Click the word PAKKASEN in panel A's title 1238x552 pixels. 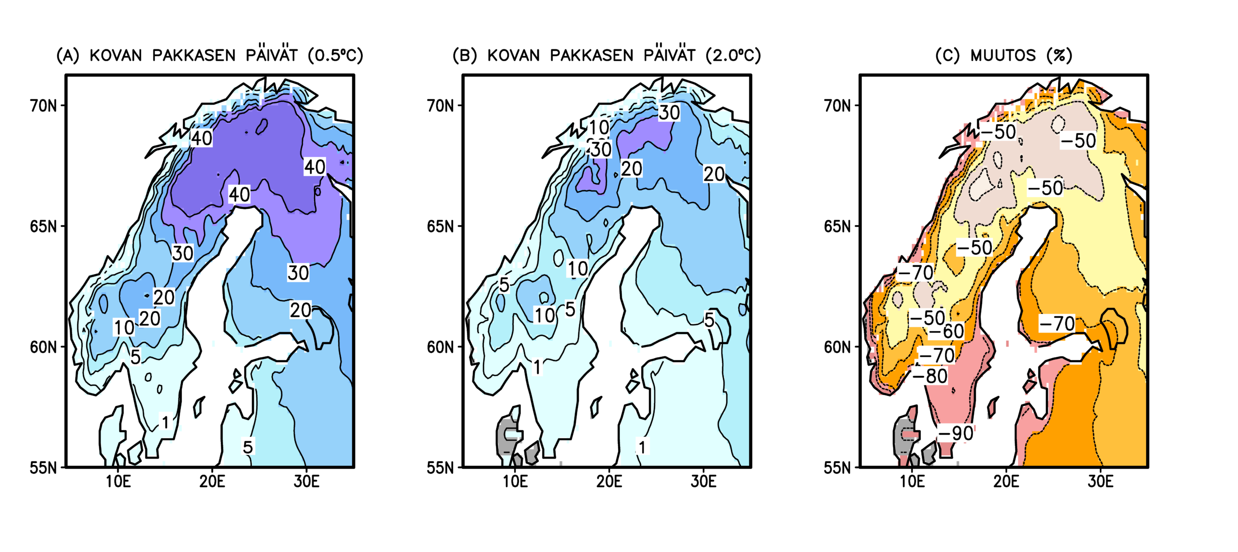click(x=193, y=55)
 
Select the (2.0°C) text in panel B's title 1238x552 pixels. click(x=733, y=55)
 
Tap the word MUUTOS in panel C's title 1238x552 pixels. click(x=1003, y=55)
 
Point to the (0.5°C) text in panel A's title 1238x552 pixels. click(x=336, y=55)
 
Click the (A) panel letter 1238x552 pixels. click(x=68, y=55)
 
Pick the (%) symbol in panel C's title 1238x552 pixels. click(x=1059, y=55)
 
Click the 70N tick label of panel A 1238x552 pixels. click(x=43, y=105)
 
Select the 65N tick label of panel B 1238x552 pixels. click(x=440, y=226)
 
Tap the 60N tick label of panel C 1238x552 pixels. click(x=837, y=347)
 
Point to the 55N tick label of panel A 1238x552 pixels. click(x=43, y=468)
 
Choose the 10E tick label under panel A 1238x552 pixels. click(x=118, y=481)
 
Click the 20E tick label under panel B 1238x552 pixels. click(x=609, y=481)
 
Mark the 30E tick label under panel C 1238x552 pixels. click(x=1100, y=481)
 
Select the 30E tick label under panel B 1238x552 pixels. click(x=703, y=481)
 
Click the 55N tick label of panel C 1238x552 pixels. click(x=837, y=468)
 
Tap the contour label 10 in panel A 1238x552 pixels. click(x=124, y=327)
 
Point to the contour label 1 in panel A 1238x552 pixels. click(x=165, y=422)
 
